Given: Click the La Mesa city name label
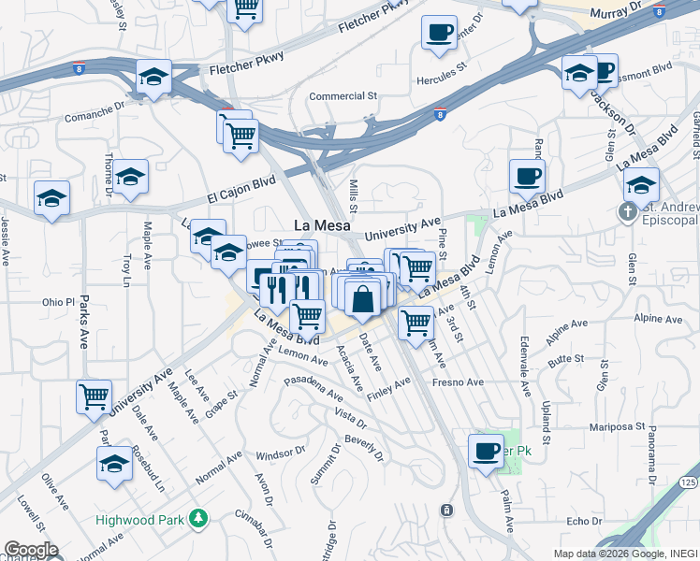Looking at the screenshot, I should [322, 225].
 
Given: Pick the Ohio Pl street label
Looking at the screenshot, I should [57, 303].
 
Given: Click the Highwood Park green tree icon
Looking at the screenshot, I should [197, 517].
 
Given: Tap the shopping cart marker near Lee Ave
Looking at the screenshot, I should [94, 396].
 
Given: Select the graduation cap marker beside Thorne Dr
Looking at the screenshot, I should [131, 177].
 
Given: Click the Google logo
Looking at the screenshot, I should [30, 550].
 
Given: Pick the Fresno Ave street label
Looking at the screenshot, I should [458, 382].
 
